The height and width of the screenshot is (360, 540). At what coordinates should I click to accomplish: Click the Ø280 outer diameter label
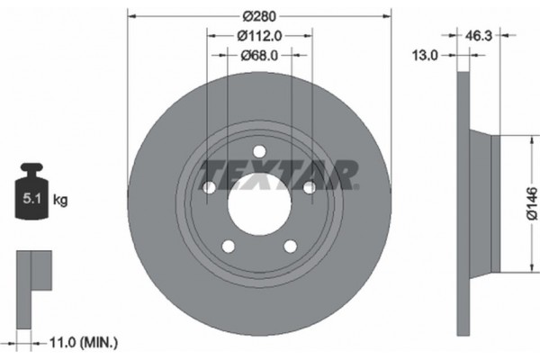259,15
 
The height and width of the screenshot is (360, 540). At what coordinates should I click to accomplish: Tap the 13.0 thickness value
426,55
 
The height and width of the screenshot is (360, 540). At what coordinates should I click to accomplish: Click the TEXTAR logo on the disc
278,174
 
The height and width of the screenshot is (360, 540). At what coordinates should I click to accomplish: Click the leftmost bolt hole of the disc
210,187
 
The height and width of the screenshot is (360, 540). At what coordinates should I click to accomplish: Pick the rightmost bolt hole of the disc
309,187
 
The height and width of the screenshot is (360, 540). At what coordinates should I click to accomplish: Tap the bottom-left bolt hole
229,246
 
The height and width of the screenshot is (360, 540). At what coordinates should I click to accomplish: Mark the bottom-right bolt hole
290,246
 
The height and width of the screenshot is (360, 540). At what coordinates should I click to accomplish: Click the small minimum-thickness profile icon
34,270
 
